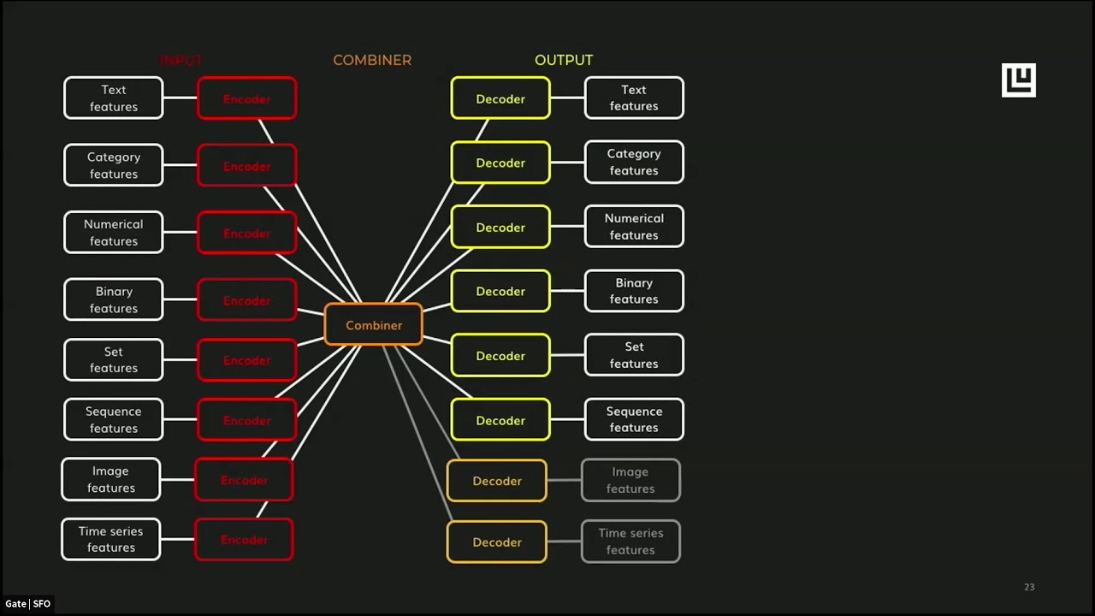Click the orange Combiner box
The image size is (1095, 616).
(374, 325)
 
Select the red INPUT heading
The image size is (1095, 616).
(181, 60)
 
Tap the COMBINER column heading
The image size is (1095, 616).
(372, 60)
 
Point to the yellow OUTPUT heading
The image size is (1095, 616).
(563, 60)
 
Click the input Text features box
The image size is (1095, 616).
(113, 98)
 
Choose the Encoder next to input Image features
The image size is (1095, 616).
(244, 480)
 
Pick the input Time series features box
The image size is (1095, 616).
(111, 540)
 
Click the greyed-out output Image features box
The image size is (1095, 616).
(630, 480)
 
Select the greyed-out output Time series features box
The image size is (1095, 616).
(630, 542)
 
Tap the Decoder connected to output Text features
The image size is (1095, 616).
(500, 98)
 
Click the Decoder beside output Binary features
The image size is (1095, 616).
(500, 292)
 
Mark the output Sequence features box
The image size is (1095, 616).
(634, 419)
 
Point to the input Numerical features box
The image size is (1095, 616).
(113, 233)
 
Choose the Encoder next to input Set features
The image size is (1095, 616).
(246, 360)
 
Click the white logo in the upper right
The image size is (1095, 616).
(1018, 80)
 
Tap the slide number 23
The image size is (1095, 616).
(1029, 587)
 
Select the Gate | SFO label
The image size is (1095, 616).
(27, 604)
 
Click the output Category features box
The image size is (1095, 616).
(634, 163)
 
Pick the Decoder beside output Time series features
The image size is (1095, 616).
(497, 542)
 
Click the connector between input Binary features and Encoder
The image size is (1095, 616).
(180, 300)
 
